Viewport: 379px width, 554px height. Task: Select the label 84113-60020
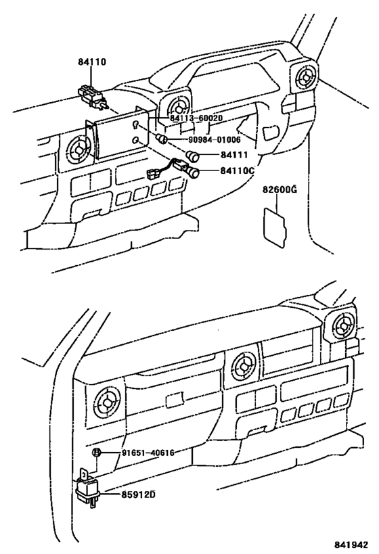pos(196,118)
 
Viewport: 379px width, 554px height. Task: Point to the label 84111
pos(235,155)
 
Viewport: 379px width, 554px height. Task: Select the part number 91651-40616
pos(147,453)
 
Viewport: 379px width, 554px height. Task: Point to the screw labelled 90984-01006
pos(162,139)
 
